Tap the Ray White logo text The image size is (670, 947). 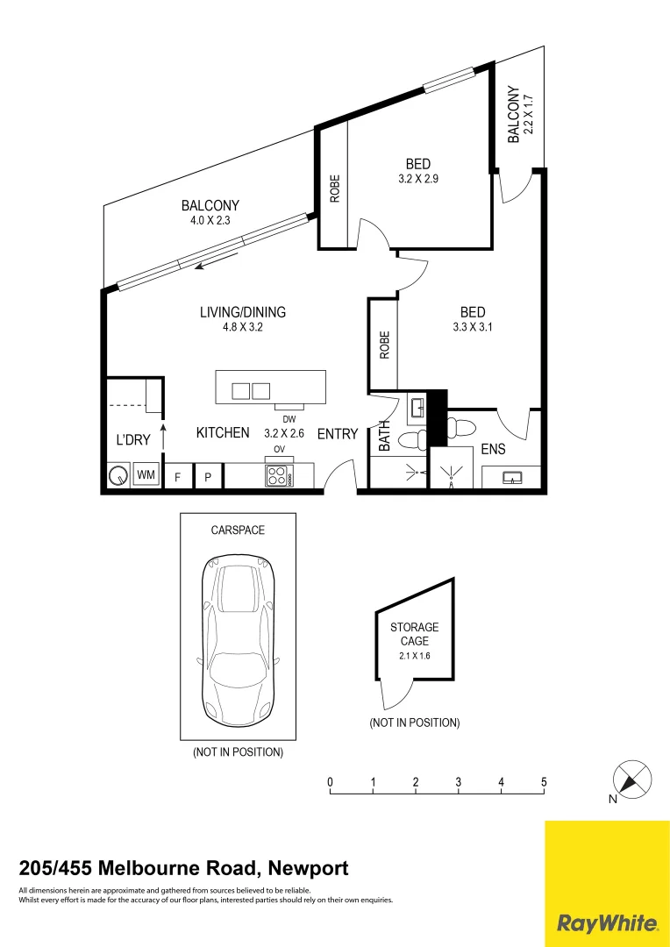pos(608,922)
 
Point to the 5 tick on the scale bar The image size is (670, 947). pos(544,782)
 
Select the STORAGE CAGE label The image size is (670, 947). pos(415,634)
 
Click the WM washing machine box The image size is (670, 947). pos(146,475)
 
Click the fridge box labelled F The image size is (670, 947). pos(177,476)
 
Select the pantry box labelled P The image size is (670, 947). pos(208,476)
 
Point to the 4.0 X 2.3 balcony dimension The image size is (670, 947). pos(210,221)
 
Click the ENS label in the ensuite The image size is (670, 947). pos(493,450)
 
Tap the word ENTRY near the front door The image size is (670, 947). pos(338,433)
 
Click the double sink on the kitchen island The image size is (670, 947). pos(251,391)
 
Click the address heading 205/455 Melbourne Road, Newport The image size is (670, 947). pos(183,868)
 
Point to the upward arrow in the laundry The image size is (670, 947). pos(162,436)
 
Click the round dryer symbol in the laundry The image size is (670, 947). pos(118,476)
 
